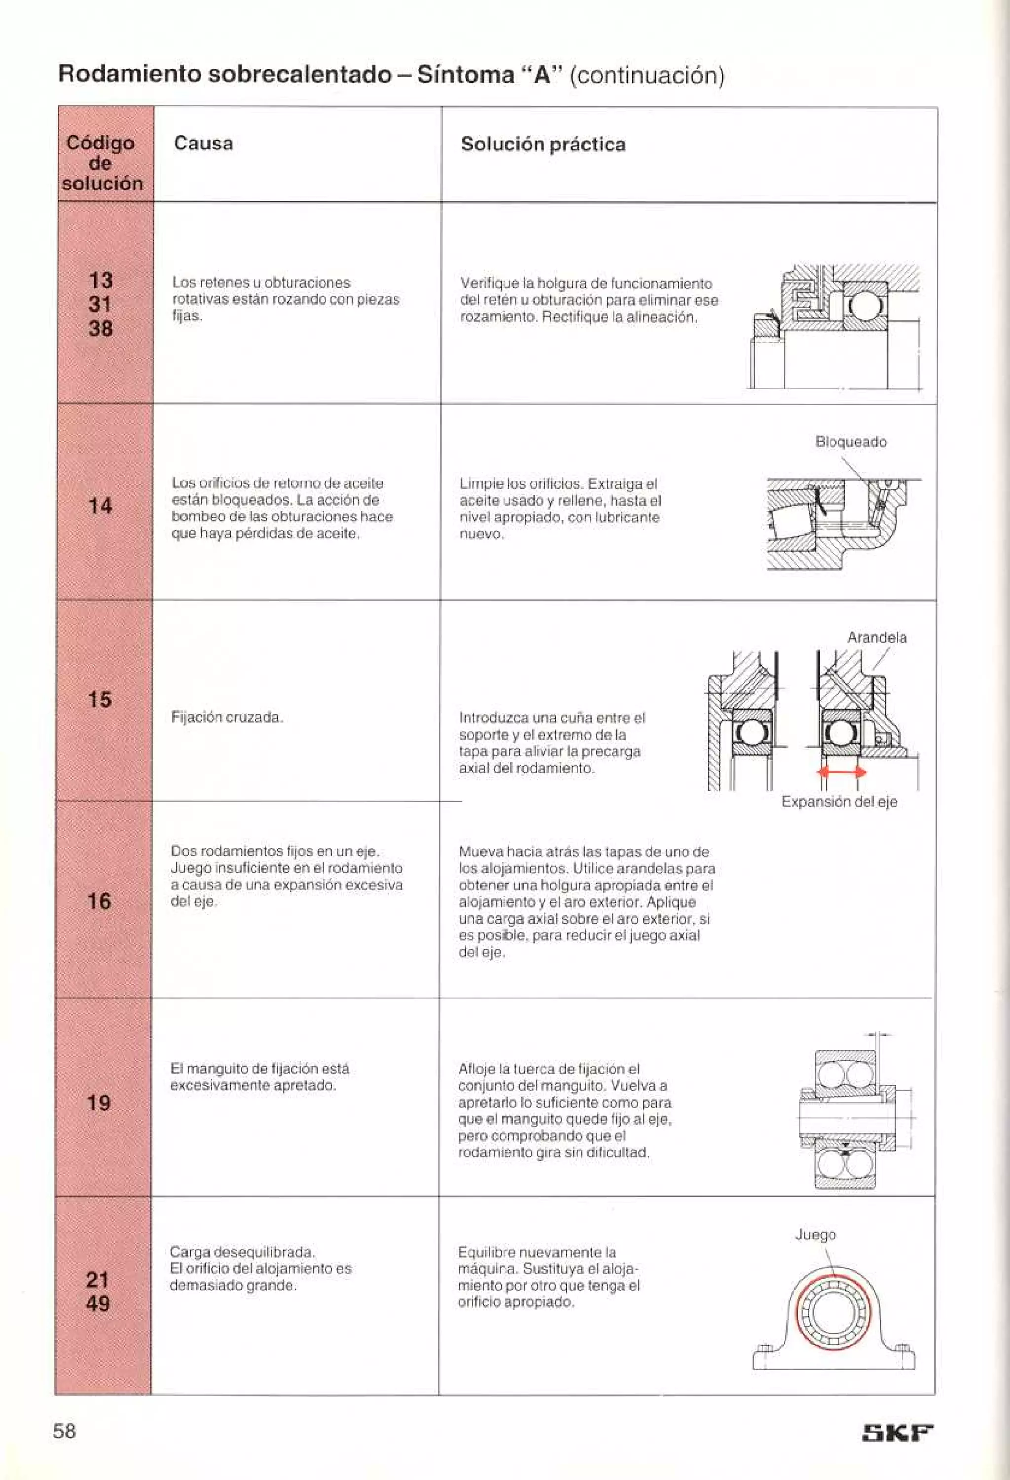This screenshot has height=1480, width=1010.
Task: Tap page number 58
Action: point(64,1431)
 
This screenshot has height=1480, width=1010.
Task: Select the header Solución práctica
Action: point(543,145)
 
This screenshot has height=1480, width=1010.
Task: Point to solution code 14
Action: point(100,506)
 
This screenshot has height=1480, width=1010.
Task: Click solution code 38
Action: point(100,329)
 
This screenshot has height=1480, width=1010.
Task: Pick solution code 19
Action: point(99,1103)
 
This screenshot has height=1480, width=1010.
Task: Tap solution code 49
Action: point(97,1303)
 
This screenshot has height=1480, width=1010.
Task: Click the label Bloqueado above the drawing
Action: point(851,442)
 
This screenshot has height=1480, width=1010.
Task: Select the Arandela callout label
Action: point(876,637)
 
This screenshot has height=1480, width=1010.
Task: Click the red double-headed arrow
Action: point(841,772)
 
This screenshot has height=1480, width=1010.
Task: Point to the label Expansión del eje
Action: point(839,802)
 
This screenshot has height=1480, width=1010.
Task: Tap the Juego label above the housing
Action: point(815,1235)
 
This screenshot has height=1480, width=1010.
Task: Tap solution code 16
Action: point(99,901)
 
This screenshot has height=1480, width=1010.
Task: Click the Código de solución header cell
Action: point(102,163)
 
